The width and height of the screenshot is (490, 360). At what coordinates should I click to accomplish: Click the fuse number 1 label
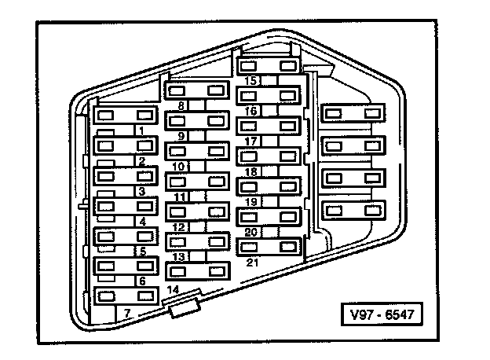(140, 130)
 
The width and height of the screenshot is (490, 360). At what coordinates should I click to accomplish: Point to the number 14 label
(174, 290)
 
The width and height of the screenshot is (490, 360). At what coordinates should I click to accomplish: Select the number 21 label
(252, 262)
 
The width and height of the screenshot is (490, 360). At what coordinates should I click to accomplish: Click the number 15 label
(251, 81)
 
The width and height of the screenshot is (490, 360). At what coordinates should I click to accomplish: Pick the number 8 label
(181, 105)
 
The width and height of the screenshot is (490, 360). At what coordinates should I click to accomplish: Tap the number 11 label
(181, 197)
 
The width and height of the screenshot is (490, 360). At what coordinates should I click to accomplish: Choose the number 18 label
(251, 171)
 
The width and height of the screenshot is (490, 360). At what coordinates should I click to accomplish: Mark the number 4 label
(142, 222)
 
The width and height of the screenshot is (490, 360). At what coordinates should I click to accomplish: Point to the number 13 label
(179, 257)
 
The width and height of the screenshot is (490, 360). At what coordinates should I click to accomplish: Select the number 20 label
(251, 232)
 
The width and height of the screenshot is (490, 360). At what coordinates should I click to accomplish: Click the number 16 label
(251, 111)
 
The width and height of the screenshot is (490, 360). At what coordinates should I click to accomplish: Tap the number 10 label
(179, 167)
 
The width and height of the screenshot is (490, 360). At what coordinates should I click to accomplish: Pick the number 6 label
(141, 281)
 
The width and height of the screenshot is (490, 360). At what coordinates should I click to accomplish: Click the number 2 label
(141, 162)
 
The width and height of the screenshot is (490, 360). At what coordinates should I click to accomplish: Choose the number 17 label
(251, 141)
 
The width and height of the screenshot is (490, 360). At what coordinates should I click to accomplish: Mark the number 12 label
(179, 227)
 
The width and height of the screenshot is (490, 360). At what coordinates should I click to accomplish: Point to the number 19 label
(251, 202)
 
